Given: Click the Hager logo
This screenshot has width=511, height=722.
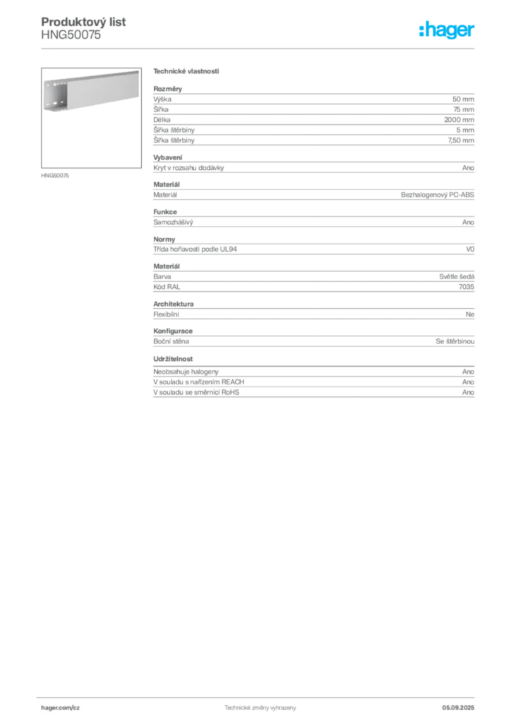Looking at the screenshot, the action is [447, 30].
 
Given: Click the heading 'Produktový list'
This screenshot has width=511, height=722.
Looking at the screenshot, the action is [83, 22].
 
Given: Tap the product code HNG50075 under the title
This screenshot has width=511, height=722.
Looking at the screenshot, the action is [71, 35].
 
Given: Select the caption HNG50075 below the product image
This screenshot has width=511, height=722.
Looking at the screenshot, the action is [55, 176].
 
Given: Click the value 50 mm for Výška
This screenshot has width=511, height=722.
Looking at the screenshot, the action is [463, 99].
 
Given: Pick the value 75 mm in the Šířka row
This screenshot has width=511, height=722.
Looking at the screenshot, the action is [464, 109].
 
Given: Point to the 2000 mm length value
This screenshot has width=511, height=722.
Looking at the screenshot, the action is [459, 120].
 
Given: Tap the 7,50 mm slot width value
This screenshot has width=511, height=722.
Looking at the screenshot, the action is [461, 140].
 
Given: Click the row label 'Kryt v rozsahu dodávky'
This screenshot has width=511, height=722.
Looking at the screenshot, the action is [188, 168].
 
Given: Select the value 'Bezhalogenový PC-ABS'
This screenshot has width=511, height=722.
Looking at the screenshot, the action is [438, 195].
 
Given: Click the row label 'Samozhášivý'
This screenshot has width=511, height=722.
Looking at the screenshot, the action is [173, 222].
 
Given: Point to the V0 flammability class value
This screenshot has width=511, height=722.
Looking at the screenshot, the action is [470, 249].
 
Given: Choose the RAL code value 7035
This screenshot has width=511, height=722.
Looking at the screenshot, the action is [467, 287].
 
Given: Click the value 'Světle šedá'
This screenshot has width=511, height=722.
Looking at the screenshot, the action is [457, 276].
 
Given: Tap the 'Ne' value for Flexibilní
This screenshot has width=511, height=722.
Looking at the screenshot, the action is [470, 314].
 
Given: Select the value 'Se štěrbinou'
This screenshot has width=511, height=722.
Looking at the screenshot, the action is [455, 341].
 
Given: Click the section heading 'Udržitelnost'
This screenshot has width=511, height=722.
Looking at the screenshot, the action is [173, 359].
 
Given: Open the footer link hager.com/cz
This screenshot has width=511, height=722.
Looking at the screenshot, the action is [61, 708].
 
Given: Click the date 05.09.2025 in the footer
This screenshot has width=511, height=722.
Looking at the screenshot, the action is [458, 708].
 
